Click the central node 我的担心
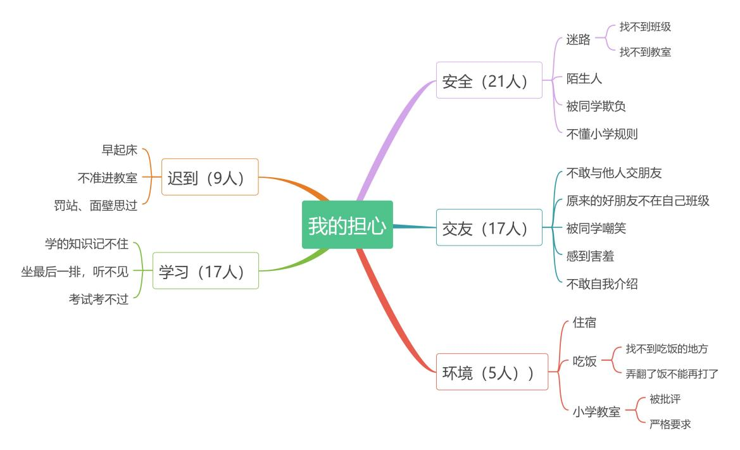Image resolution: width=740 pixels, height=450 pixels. click(x=348, y=225)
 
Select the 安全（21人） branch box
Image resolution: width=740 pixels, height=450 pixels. click(x=489, y=80)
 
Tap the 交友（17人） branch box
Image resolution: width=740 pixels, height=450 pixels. click(x=489, y=227)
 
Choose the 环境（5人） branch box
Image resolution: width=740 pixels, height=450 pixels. click(x=492, y=372)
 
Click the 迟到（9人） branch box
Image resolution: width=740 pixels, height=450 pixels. click(x=210, y=177)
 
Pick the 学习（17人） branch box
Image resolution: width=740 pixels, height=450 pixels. click(x=206, y=271)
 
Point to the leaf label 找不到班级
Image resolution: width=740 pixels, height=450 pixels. click(x=645, y=27)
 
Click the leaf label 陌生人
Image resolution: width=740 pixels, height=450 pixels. click(x=584, y=78)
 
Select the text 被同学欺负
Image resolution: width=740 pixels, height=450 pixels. click(x=596, y=106)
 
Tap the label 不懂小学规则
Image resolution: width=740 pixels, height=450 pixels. click(x=602, y=134)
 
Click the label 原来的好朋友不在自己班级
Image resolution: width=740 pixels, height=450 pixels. click(x=637, y=201)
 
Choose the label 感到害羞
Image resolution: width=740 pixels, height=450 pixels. click(x=591, y=256)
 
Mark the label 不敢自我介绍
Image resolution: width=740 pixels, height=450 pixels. click(x=602, y=284)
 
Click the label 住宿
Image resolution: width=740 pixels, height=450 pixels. click(x=584, y=322)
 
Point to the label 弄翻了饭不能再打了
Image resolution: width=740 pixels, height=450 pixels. click(x=672, y=374)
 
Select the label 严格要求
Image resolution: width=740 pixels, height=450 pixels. click(x=670, y=424)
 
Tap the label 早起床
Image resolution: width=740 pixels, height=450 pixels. click(x=120, y=150)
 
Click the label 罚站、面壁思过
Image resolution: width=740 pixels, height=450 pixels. click(x=96, y=205)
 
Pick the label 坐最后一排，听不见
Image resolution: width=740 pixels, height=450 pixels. click(x=75, y=272)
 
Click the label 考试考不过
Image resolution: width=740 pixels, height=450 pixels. click(x=99, y=299)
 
